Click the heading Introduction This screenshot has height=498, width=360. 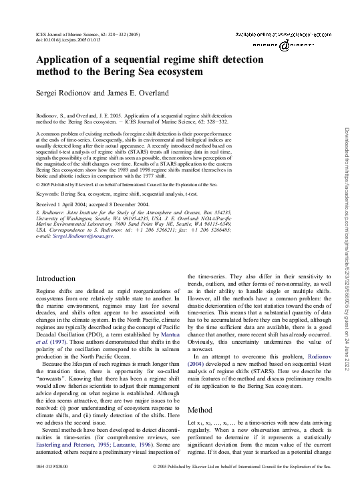coord(55,296)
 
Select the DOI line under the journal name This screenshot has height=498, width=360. coord(67,40)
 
